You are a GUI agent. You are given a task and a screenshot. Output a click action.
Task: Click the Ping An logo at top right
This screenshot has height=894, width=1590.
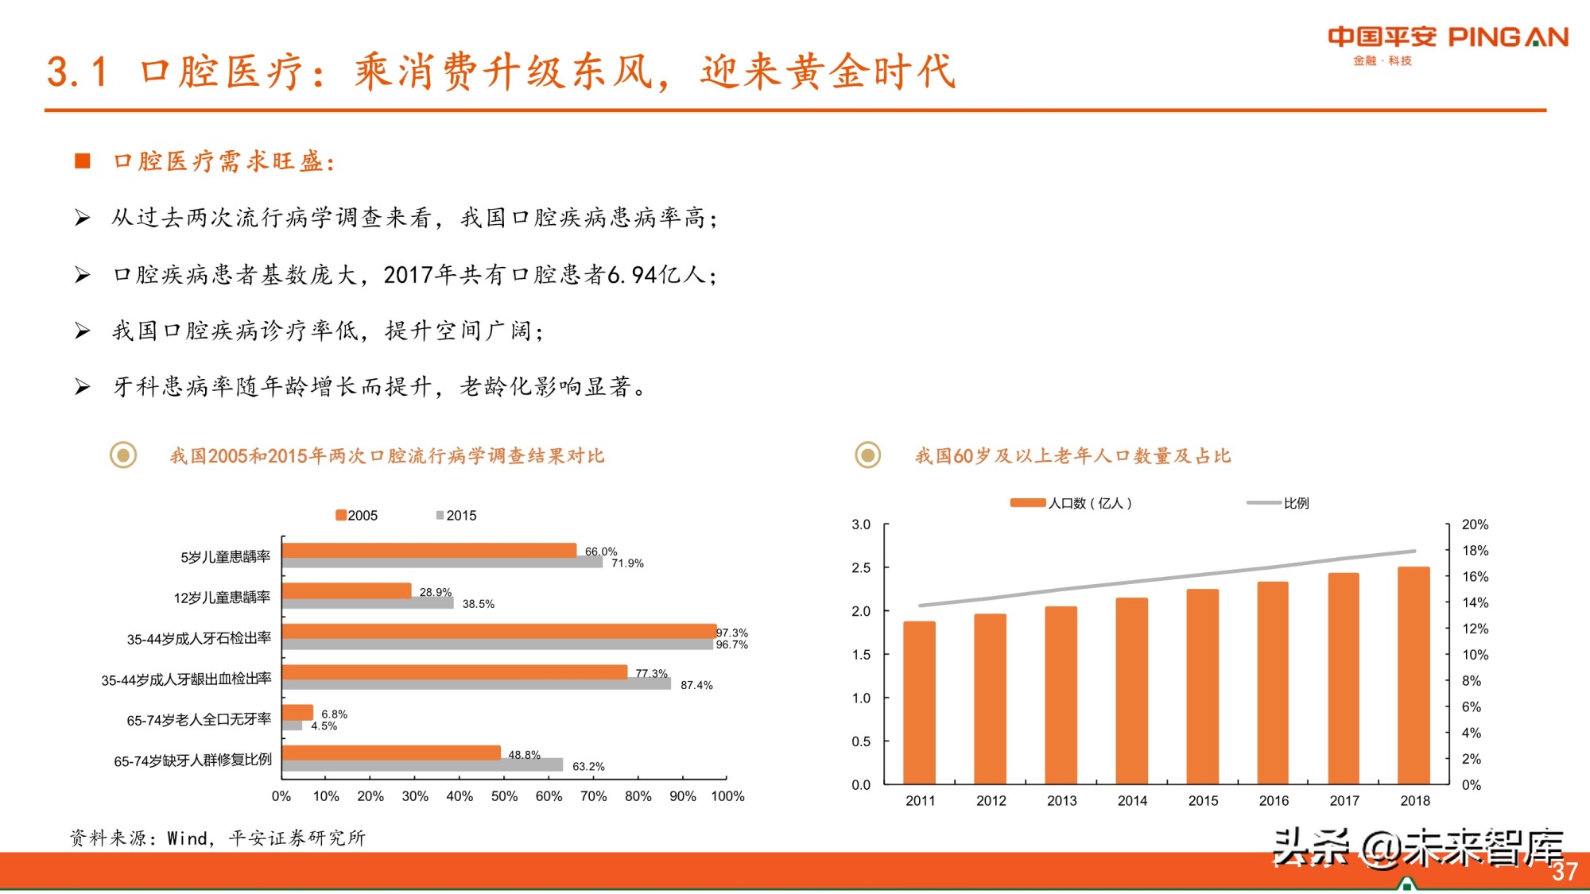pos(1447,45)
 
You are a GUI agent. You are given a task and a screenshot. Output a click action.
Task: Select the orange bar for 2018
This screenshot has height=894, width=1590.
pos(1414,675)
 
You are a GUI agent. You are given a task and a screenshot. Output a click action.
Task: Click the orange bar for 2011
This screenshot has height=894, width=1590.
pos(919,702)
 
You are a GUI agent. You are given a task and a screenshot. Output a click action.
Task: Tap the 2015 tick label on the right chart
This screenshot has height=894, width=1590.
pos(1203,801)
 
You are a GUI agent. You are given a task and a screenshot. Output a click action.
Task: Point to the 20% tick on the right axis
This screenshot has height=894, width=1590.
pos(1475,524)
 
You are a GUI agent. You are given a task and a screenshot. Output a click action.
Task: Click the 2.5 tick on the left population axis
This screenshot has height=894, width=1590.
pos(861,567)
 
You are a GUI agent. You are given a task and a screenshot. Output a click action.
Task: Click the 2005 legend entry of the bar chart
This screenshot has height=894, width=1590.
pos(357,515)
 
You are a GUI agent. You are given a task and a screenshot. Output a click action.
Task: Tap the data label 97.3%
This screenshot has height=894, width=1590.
pos(731,633)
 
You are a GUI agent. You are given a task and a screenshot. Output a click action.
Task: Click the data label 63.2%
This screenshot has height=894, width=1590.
pos(588,766)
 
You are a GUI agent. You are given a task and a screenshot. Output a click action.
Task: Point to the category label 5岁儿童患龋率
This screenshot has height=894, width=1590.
pos(225,556)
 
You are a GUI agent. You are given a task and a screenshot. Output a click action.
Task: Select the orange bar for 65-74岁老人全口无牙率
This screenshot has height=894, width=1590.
pos(297,712)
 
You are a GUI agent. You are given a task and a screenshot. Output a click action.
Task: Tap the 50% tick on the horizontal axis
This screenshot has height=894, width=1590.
pos(504,796)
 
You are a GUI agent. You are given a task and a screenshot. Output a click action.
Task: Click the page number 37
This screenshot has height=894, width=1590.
pos(1564,872)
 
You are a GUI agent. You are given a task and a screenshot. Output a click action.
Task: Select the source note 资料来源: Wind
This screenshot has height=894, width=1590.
pos(216,838)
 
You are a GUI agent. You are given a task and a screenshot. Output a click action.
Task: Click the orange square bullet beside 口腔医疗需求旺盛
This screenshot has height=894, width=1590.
pos(83,161)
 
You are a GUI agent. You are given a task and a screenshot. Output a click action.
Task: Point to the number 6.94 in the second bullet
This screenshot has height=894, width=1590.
pos(632,275)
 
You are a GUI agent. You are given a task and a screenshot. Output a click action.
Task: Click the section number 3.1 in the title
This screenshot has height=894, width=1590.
pos(76,72)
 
